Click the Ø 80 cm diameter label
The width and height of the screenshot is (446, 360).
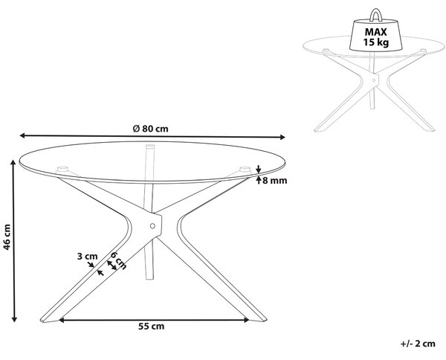(151, 129)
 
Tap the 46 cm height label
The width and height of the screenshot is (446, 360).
(7, 237)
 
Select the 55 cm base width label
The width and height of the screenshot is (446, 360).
(152, 326)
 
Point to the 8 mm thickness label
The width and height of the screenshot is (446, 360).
(274, 181)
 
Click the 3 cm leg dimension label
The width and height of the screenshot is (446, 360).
(87, 256)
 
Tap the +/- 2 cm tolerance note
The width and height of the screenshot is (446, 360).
(418, 344)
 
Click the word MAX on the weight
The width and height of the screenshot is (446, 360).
(375, 32)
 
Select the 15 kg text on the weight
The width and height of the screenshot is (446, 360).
(375, 42)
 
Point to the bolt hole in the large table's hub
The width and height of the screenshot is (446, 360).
(152, 226)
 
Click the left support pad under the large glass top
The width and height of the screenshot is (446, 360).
(62, 170)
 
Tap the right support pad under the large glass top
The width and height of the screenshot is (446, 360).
(245, 170)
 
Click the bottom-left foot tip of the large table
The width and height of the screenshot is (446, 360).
(41, 321)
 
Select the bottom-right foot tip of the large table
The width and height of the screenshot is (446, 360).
(265, 321)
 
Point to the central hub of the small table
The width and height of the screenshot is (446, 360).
(375, 80)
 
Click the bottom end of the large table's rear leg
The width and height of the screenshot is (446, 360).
(149, 278)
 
